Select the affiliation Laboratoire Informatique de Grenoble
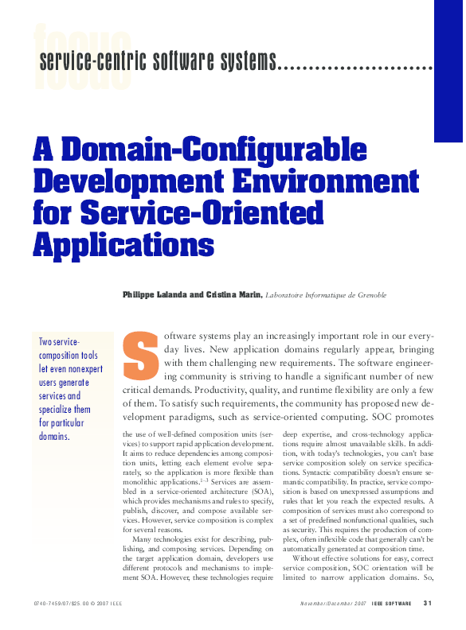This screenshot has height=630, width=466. pyautogui.click(x=325, y=295)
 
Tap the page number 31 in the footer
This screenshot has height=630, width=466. pyautogui.click(x=428, y=603)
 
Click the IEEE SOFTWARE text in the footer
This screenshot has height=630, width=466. pyautogui.click(x=392, y=603)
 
